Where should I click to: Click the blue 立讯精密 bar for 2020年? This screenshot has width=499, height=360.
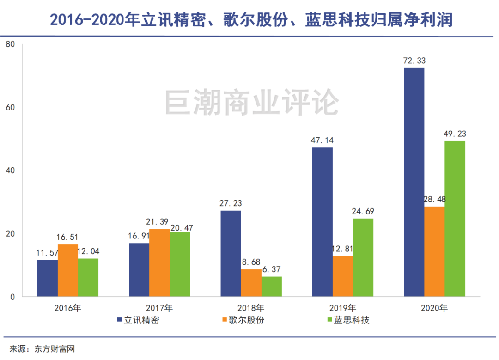[414, 182]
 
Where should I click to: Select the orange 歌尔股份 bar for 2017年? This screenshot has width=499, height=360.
[159, 262]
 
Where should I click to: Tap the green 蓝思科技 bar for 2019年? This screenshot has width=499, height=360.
[363, 257]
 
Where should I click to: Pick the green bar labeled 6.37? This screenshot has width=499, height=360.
[272, 287]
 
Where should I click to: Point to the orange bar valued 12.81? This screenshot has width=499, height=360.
[343, 276]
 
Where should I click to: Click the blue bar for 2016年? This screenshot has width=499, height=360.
[48, 278]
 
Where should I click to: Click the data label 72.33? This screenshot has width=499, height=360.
[414, 61]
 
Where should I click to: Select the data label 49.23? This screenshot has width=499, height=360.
[455, 134]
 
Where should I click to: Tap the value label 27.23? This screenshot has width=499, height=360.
[231, 203]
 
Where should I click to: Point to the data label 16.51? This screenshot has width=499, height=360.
[68, 237]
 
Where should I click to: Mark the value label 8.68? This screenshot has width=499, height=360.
[251, 262]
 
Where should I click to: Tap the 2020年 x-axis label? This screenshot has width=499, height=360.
[434, 308]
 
